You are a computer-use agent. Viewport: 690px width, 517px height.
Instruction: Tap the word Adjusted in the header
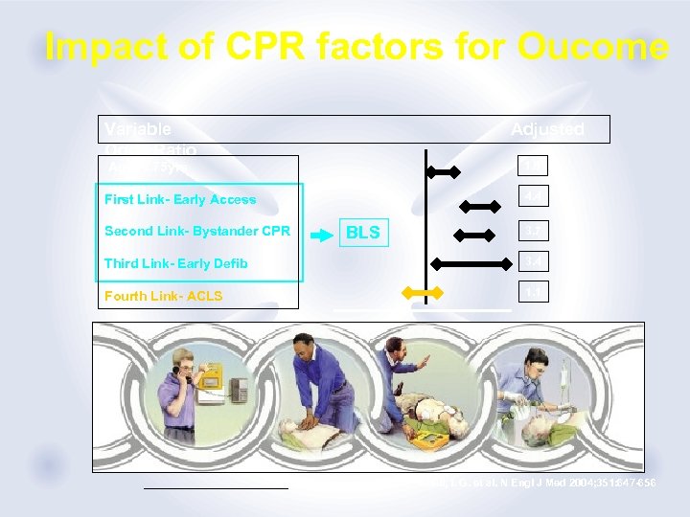[x=546, y=129]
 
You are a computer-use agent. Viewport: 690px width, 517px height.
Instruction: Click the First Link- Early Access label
[x=179, y=199]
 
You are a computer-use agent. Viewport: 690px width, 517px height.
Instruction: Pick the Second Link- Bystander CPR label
[x=196, y=231]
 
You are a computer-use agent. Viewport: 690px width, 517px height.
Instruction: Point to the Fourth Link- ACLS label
[x=163, y=296]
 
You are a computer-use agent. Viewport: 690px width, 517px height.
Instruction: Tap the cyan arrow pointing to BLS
[x=317, y=232]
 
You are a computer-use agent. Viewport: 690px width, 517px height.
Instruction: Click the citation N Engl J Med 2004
[x=537, y=483]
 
